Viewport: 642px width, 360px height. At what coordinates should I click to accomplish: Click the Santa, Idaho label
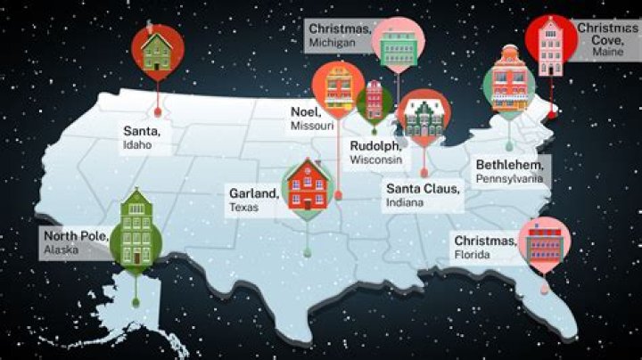pos(144,136)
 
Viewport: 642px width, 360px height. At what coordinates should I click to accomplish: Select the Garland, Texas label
pos(253,198)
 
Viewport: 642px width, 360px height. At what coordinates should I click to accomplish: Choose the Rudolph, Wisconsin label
pos(375,152)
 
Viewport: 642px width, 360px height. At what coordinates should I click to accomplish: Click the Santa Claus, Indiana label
pos(423,195)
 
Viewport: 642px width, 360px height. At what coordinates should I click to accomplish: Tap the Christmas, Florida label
pos(485,248)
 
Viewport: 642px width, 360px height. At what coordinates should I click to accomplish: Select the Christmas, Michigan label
pos(340,34)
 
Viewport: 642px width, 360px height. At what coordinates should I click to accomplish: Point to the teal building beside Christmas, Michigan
pos(393,43)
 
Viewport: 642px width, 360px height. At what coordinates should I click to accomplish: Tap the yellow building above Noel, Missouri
pos(337,87)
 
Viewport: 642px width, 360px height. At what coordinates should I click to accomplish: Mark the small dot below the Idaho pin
pos(158,112)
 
